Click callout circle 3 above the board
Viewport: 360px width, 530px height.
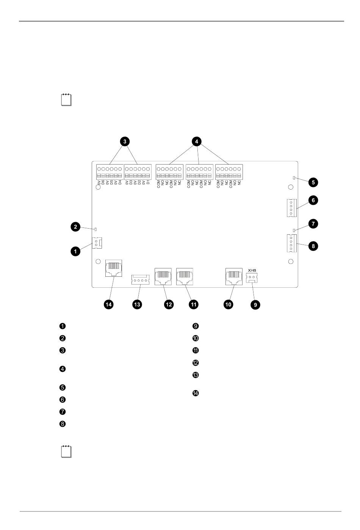coord(125,141)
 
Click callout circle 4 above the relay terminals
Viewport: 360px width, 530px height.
coord(196,141)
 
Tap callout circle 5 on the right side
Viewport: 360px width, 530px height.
coord(313,182)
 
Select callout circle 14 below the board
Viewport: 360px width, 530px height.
coord(109,304)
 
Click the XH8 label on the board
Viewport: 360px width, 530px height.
coord(252,270)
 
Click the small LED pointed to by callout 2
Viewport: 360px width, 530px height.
coord(96,229)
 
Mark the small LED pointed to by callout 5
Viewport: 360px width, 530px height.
coord(294,177)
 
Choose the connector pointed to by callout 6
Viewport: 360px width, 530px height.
coord(291,208)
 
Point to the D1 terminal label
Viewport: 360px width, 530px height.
coord(149,183)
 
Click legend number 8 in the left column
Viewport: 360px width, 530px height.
coord(63,424)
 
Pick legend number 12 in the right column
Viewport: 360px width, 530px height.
coord(196,363)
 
